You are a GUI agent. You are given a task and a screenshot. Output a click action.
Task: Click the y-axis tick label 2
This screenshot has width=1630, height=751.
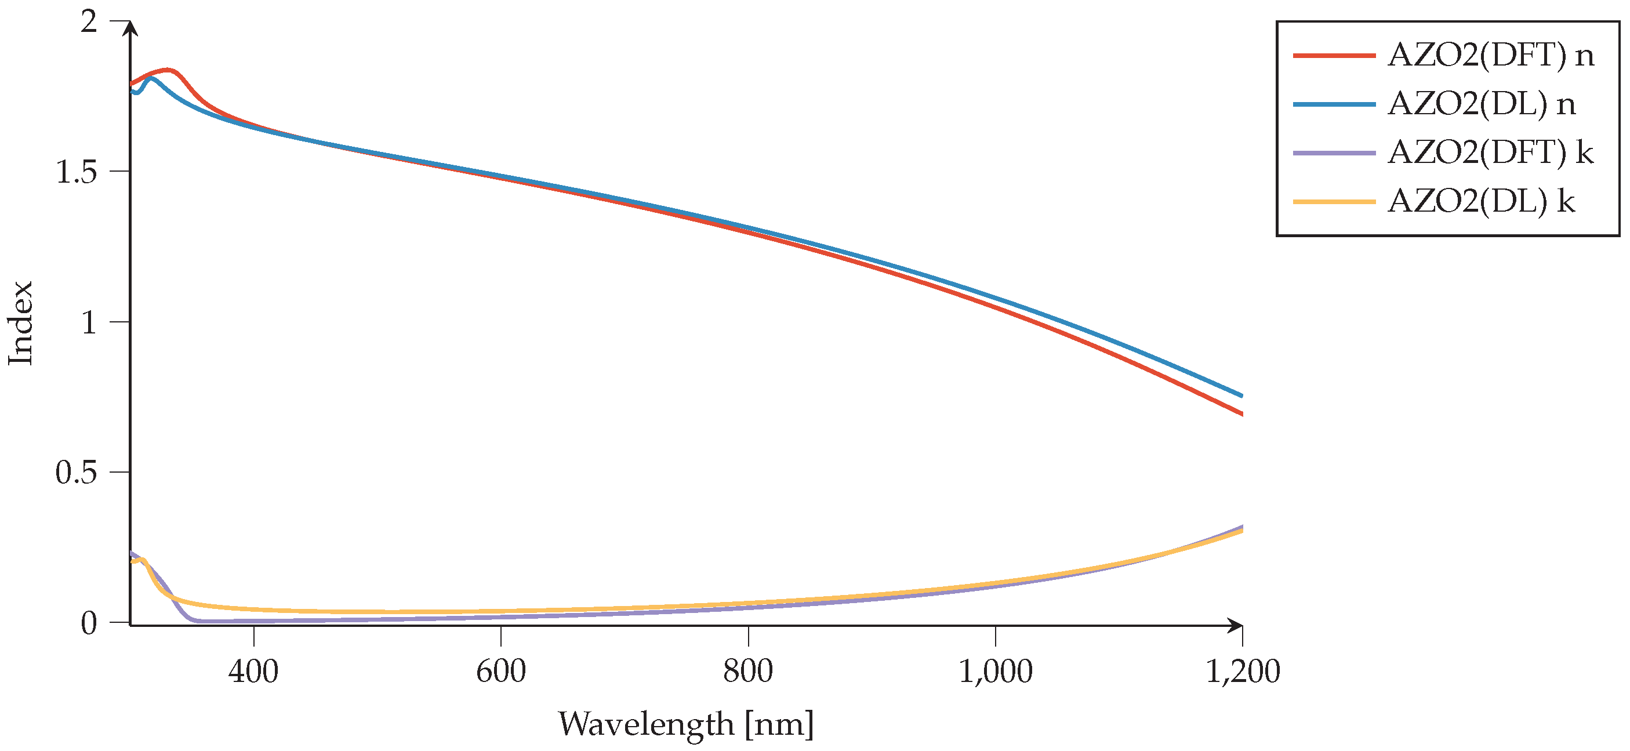[89, 22]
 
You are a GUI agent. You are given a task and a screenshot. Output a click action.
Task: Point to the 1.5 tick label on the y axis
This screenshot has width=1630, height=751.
[76, 172]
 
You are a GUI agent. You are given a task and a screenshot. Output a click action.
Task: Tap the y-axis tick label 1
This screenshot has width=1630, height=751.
[89, 322]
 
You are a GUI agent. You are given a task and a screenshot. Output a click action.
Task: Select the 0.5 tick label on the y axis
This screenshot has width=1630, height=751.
[76, 473]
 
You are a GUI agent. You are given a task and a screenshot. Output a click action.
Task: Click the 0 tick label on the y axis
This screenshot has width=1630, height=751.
[89, 623]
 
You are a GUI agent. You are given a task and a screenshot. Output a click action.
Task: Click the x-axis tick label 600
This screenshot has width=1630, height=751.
[500, 672]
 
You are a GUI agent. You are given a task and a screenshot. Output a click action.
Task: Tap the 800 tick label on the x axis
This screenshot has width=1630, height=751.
[748, 672]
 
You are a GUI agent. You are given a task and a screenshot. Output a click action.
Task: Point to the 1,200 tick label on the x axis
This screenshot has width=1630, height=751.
[1243, 672]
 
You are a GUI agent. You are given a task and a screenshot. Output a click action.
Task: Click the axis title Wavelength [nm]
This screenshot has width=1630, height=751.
[686, 724]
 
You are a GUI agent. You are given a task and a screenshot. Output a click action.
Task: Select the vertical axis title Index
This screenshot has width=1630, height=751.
[20, 322]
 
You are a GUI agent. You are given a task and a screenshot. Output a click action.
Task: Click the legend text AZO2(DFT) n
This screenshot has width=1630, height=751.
[1490, 56]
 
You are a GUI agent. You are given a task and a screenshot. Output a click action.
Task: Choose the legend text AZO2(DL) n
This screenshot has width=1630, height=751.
[1482, 104]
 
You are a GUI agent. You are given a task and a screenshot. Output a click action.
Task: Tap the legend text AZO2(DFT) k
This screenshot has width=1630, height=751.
[1490, 153]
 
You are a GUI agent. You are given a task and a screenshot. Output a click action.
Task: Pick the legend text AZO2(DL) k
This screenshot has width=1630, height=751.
[1482, 201]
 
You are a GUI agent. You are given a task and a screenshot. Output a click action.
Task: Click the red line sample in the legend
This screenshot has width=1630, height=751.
[1334, 56]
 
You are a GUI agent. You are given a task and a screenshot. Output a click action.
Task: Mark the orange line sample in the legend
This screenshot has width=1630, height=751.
[1334, 201]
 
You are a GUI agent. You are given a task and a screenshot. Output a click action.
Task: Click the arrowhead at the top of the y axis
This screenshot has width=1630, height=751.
[130, 28]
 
